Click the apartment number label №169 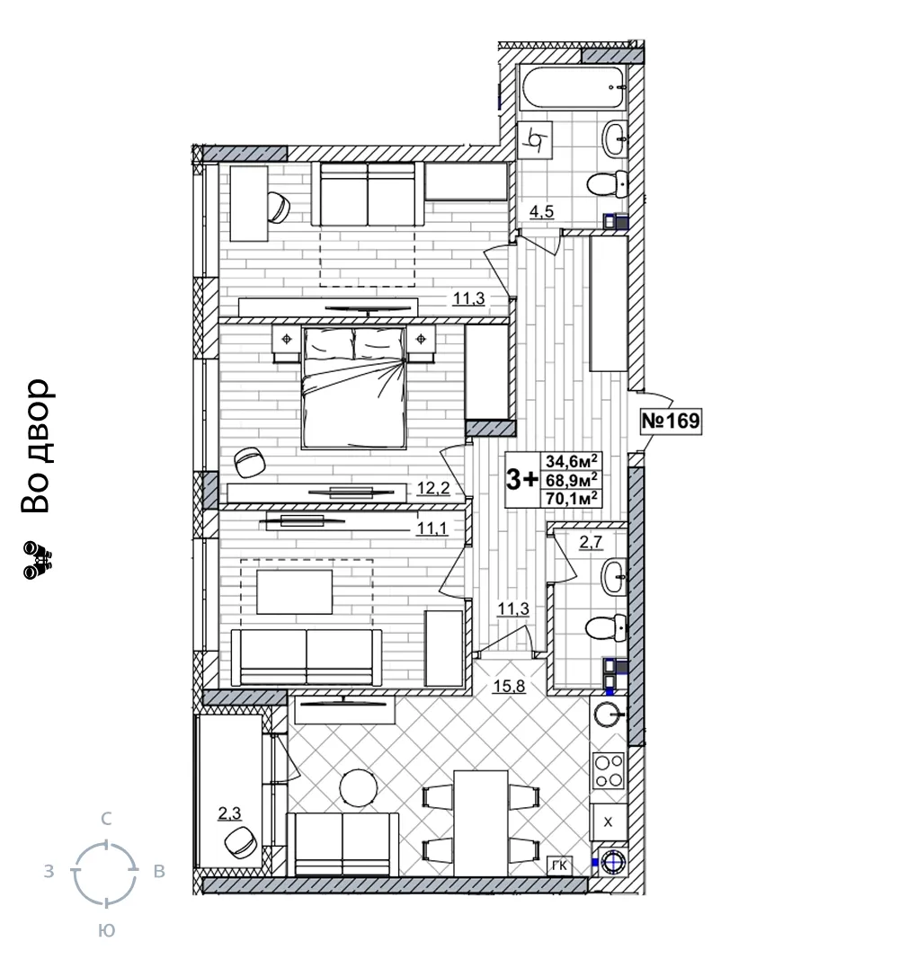[x=671, y=421]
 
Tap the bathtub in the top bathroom [x=573, y=88]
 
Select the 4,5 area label [x=541, y=211]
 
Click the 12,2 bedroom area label [x=433, y=488]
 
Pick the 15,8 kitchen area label [x=510, y=687]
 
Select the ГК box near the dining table [x=559, y=866]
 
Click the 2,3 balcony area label [x=230, y=813]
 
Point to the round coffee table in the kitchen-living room [x=359, y=787]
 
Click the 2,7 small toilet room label [x=590, y=541]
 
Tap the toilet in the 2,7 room [x=607, y=627]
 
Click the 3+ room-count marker [x=521, y=480]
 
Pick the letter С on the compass [x=106, y=818]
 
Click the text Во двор [x=35, y=445]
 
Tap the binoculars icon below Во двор [x=38, y=560]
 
